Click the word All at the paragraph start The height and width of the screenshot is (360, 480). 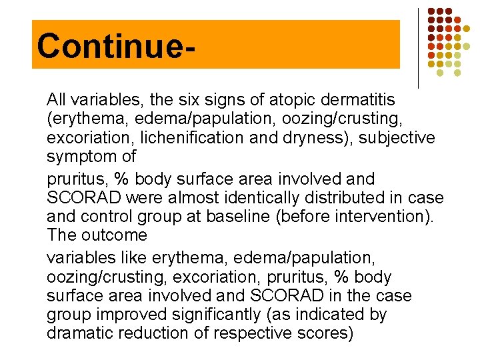pos(56,100)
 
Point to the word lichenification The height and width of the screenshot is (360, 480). pos(188,138)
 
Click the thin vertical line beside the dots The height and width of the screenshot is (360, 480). pos(418,48)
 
